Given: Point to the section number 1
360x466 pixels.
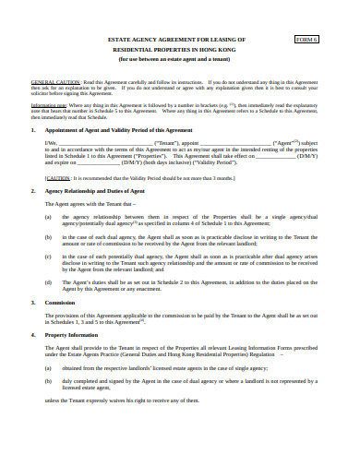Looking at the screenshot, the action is pyautogui.click(x=34, y=132).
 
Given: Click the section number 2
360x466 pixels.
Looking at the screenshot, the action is pyautogui.click(x=34, y=191).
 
